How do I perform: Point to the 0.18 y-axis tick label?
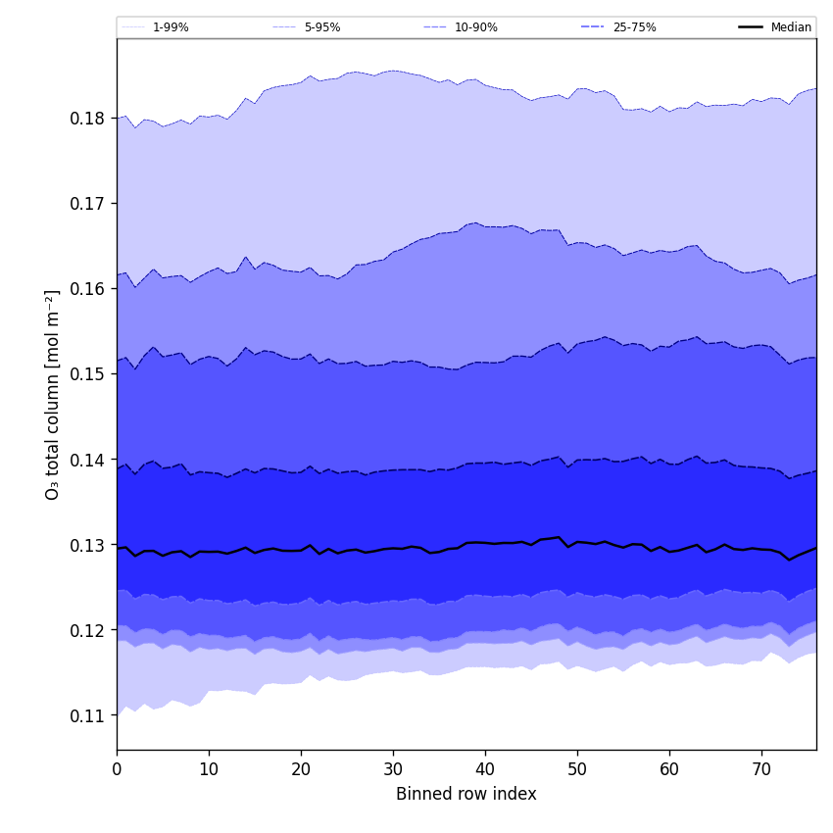pos(88,119)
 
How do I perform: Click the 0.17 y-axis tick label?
pos(88,204)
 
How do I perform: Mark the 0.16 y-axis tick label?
pos(88,289)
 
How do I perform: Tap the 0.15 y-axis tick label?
pos(88,374)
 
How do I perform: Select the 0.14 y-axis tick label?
pos(88,460)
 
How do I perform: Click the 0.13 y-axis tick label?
pos(88,545)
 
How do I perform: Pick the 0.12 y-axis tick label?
pos(88,630)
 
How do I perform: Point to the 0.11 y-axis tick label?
pos(88,716)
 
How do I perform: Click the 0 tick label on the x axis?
pos(117,770)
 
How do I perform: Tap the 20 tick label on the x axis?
pos(301,770)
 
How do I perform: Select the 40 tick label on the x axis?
pos(485,770)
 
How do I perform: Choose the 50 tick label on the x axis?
pos(577,770)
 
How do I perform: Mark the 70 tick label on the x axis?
pos(761,770)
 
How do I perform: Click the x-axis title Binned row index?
pos(466,795)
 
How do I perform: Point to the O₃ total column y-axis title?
pos(53,394)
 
